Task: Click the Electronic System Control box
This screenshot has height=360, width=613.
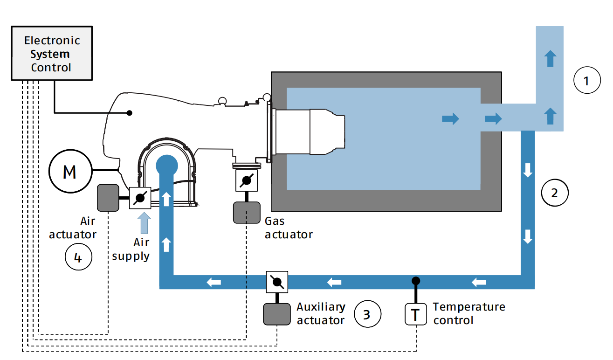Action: point(51,54)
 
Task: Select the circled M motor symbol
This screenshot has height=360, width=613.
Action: point(69,172)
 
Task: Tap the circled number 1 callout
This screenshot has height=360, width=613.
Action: point(586,82)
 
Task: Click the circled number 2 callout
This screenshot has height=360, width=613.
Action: point(555,193)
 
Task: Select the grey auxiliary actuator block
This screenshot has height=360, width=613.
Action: point(277,314)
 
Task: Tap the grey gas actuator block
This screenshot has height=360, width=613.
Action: point(247,213)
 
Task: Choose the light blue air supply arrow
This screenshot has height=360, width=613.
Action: point(145,222)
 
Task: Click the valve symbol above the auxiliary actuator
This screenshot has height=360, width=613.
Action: point(277,282)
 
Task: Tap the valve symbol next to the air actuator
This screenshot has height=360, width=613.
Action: point(139,198)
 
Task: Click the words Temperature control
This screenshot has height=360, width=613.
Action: point(468,313)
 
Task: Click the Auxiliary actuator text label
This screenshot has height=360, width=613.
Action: point(321,313)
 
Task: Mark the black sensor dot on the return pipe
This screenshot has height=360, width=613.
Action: point(416,281)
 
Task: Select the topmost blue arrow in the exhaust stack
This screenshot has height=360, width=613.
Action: point(551,59)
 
